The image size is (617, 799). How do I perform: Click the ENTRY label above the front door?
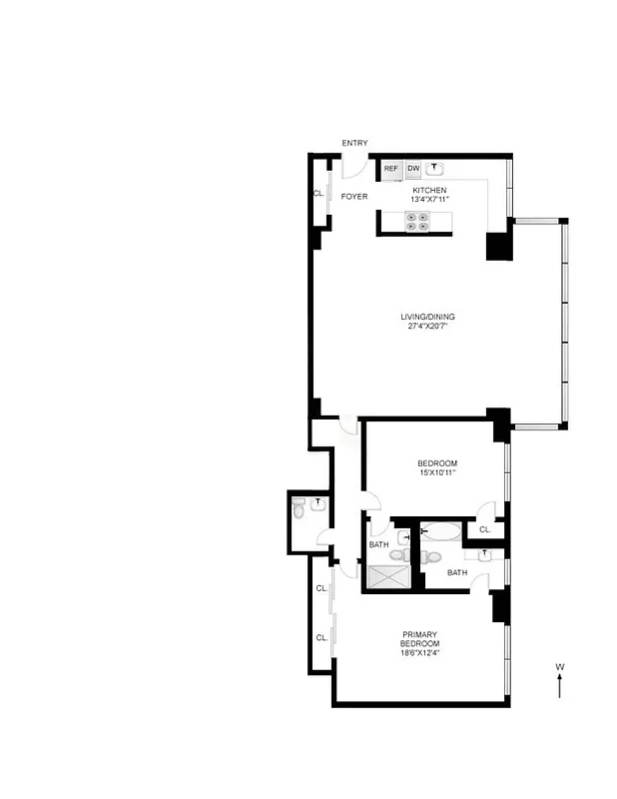click(354, 143)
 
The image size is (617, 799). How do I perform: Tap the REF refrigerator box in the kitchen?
click(390, 169)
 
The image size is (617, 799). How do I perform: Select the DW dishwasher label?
click(413, 169)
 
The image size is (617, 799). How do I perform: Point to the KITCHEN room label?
click(429, 190)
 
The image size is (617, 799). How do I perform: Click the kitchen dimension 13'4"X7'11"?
click(429, 200)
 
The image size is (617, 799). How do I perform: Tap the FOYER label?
click(354, 197)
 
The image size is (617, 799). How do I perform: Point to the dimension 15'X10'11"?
click(437, 473)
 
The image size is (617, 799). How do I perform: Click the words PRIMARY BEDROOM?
click(420, 639)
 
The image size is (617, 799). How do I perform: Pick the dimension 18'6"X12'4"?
click(420, 654)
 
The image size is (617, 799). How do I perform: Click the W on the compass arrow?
click(560, 666)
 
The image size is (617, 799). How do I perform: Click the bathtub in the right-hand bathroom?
click(440, 532)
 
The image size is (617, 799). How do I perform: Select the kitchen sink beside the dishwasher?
click(435, 169)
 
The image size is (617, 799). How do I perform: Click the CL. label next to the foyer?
click(318, 193)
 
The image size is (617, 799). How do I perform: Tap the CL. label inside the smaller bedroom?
click(484, 529)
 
